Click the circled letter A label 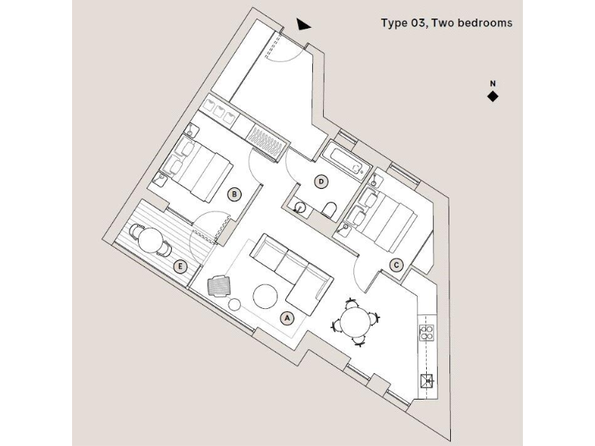tap(287, 317)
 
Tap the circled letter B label tap(234, 194)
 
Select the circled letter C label tap(396, 265)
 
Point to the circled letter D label tap(322, 182)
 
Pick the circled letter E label tap(181, 267)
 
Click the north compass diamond tap(492, 96)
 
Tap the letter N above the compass tap(492, 83)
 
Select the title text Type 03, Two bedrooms tap(446, 23)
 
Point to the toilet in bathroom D tap(329, 208)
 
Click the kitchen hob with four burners tap(427, 334)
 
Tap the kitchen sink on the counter tap(427, 379)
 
